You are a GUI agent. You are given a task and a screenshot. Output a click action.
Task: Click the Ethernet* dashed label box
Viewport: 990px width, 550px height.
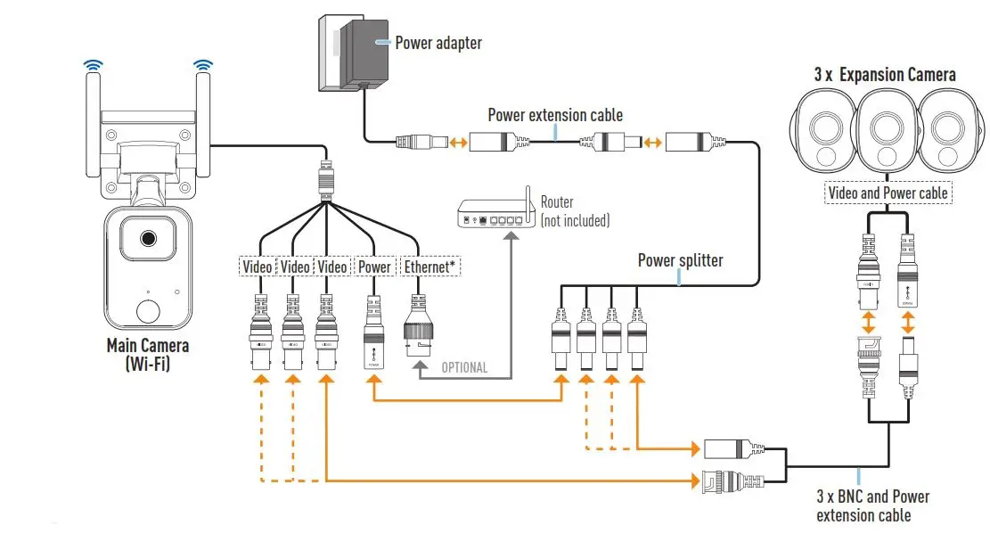coord(431,267)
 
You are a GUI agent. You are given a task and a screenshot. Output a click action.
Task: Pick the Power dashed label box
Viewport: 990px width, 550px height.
coord(374,267)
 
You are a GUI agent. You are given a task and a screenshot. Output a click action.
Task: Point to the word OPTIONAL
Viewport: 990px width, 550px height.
coord(464,367)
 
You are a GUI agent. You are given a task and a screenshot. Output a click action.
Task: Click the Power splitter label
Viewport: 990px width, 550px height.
coord(680,261)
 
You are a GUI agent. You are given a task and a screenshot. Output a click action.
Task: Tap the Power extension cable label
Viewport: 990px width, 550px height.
coord(555,115)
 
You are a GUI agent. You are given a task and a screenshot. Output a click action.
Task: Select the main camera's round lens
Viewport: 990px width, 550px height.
coord(147,238)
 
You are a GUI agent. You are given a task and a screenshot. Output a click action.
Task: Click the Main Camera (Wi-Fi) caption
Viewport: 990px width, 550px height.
coord(148,354)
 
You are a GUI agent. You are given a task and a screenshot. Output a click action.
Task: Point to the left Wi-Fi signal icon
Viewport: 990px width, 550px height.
coord(94,66)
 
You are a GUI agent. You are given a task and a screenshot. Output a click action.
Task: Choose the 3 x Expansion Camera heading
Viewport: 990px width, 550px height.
coord(884,75)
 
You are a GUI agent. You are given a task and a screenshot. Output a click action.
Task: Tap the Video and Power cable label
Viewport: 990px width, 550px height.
coord(888,193)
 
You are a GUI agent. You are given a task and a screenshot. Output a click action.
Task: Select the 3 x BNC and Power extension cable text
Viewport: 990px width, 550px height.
coord(872,505)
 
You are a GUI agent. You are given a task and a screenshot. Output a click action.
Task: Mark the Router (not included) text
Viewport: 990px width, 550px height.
coord(575,211)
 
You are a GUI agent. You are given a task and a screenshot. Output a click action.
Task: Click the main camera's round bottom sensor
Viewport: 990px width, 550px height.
coord(148,313)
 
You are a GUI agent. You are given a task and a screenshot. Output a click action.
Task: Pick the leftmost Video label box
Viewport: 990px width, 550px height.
coord(258,267)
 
